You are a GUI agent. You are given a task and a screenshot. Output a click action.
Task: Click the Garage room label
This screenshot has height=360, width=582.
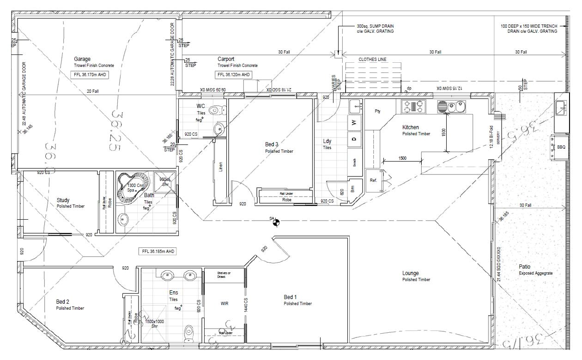[x=82, y=59]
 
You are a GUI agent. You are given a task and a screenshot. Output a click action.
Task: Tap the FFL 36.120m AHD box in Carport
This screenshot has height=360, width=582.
[x=234, y=75]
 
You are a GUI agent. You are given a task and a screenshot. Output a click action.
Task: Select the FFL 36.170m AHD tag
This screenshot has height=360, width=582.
[x=90, y=75]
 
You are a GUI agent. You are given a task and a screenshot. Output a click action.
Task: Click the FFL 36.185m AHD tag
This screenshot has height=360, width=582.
[x=158, y=252]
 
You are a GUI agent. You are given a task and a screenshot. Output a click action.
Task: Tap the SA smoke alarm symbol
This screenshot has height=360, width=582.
[x=276, y=223]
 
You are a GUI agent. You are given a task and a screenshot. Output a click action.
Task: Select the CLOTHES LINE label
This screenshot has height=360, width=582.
[x=372, y=60]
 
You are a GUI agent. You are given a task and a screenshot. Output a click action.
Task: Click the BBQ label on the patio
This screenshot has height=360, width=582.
[x=561, y=147]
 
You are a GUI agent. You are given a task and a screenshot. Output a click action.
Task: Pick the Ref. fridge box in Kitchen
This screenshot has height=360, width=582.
[x=373, y=180]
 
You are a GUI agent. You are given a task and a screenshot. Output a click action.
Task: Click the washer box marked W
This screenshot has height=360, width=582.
[x=354, y=123]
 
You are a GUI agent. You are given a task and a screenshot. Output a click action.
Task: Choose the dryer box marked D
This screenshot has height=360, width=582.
[x=354, y=139]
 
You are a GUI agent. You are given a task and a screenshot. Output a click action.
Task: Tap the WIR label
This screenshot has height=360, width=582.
[x=224, y=304]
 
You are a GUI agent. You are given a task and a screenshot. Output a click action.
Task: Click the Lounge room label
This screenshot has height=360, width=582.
[x=410, y=273]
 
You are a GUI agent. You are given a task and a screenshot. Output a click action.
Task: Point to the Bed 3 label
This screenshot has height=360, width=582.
[x=272, y=144]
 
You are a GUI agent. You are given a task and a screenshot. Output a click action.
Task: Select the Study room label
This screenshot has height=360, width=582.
[x=63, y=200]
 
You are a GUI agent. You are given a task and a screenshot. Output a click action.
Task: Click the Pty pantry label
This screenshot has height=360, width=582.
[x=377, y=111]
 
